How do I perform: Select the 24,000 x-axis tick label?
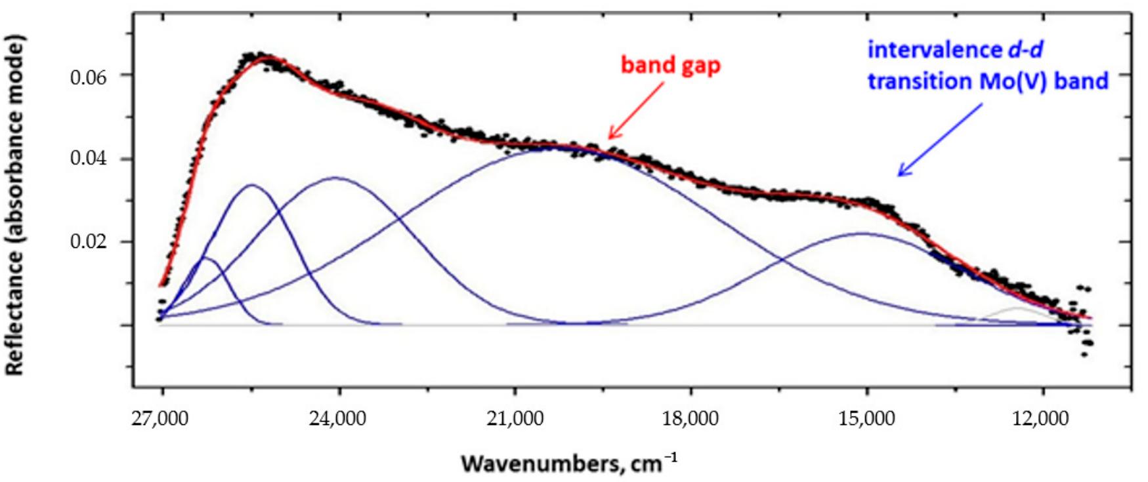click(x=338, y=418)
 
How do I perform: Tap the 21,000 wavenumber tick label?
click(x=515, y=418)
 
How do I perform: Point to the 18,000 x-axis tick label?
click(x=691, y=418)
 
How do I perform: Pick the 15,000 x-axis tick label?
click(x=866, y=418)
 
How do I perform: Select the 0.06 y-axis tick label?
click(x=88, y=77)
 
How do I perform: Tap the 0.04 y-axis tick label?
click(x=88, y=159)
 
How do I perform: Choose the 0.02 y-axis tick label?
click(x=88, y=242)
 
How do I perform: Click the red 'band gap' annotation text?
click(x=670, y=66)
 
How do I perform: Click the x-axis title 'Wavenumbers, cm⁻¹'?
click(x=568, y=464)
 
